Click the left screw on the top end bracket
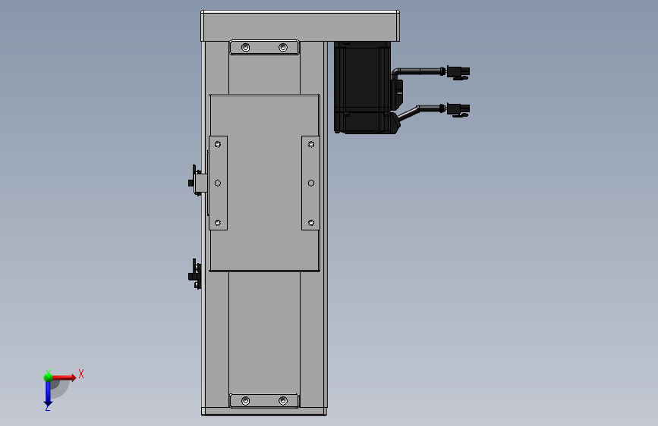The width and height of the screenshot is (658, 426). click(245, 48)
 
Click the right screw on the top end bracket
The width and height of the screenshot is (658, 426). click(283, 48)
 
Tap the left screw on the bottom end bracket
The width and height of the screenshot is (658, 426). click(245, 400)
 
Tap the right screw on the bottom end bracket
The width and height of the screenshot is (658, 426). click(283, 400)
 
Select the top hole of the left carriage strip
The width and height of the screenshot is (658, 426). click(218, 143)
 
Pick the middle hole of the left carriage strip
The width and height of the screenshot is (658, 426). click(218, 183)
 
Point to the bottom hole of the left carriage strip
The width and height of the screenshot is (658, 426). click(218, 222)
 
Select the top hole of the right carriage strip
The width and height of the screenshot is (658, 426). click(311, 143)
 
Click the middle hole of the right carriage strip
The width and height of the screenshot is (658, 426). click(311, 183)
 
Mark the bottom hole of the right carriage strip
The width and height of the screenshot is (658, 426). click(311, 222)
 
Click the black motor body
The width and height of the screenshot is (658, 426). click(363, 87)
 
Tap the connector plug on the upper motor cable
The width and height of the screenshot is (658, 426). click(458, 72)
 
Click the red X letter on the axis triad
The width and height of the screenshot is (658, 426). click(80, 374)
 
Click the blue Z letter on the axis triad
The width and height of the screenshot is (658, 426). click(47, 407)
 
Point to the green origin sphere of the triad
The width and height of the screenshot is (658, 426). click(48, 376)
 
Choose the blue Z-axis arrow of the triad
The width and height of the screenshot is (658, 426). click(47, 393)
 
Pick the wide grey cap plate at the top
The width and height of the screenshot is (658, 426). click(300, 26)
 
